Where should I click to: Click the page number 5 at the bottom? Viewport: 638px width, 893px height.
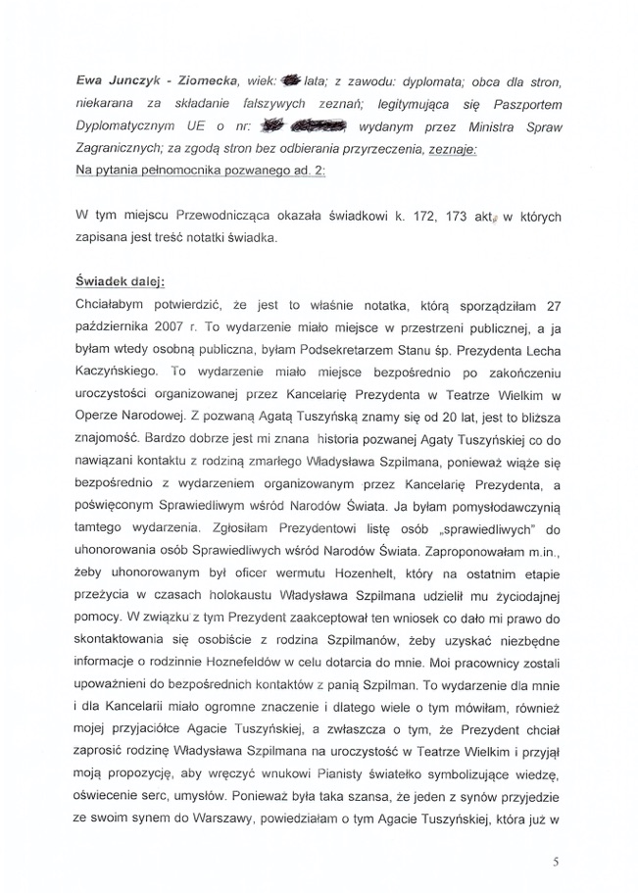tap(556, 862)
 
